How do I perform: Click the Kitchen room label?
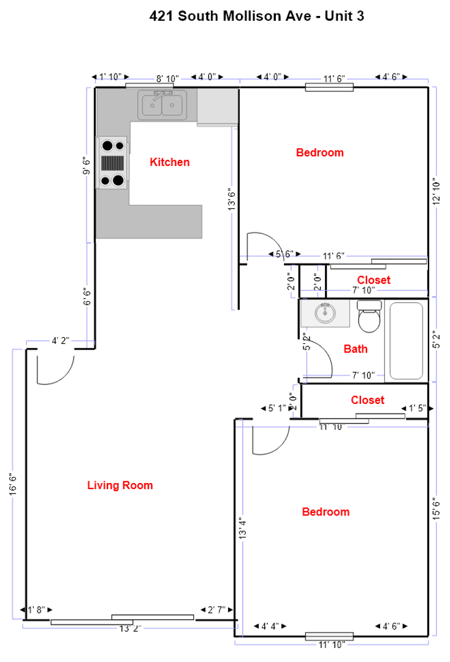point(170,162)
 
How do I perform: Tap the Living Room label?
point(120,485)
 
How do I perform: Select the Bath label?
point(356,349)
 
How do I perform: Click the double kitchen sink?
point(162,105)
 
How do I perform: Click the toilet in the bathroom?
point(369,315)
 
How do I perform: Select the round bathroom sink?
point(324,313)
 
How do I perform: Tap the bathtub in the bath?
point(406,341)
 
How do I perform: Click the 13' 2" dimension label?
point(131,628)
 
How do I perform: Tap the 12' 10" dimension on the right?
point(437,193)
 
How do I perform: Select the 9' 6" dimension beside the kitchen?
point(87,165)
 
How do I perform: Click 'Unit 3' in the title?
point(343,17)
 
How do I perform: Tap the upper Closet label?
point(373,280)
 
